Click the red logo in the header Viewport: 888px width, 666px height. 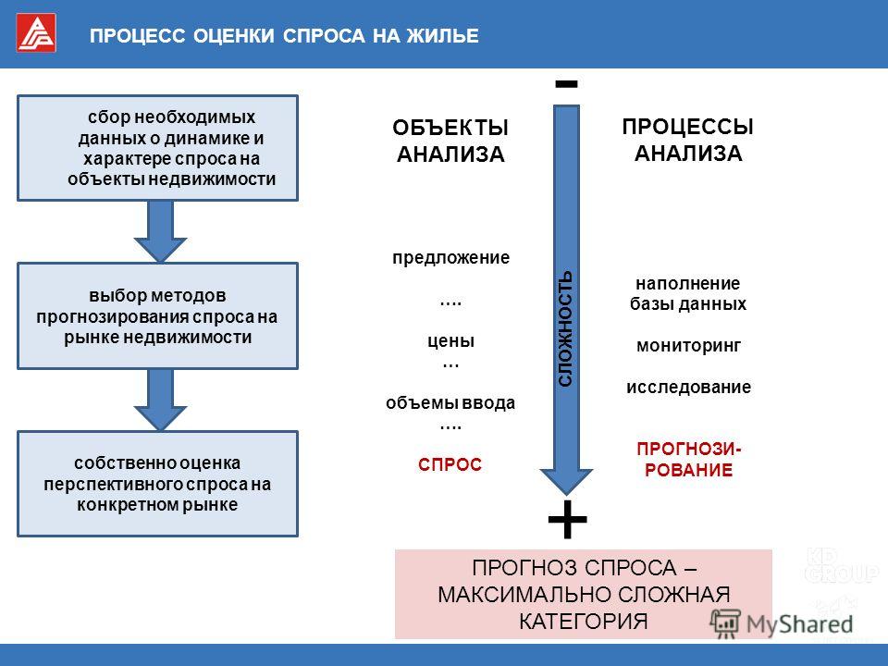tap(36, 33)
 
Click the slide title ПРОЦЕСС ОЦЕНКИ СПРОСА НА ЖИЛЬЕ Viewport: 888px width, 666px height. tap(284, 36)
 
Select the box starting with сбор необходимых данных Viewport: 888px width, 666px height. tap(157, 148)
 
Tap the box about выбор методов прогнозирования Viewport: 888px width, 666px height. tap(157, 316)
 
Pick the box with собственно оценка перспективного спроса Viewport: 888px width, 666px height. tap(157, 484)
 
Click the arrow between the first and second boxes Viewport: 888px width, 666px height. tap(160, 231)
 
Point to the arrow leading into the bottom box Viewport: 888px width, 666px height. tap(160, 400)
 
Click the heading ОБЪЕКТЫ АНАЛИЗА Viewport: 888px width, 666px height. tap(450, 141)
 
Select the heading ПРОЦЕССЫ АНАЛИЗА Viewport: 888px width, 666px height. tap(687, 140)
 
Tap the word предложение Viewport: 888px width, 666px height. tap(450, 258)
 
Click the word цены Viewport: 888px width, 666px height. tap(450, 341)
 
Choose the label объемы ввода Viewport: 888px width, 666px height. tap(450, 402)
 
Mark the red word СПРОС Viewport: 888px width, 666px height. tap(450, 464)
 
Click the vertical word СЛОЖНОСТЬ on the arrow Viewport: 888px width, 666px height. tap(565, 329)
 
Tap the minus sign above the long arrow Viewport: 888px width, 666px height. tap(566, 84)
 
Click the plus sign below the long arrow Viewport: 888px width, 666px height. tap(567, 519)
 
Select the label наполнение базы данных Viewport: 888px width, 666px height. tap(688, 293)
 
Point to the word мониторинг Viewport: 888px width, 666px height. tap(688, 346)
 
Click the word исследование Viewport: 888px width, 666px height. tap(688, 388)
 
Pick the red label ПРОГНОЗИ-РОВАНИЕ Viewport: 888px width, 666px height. tap(689, 460)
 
